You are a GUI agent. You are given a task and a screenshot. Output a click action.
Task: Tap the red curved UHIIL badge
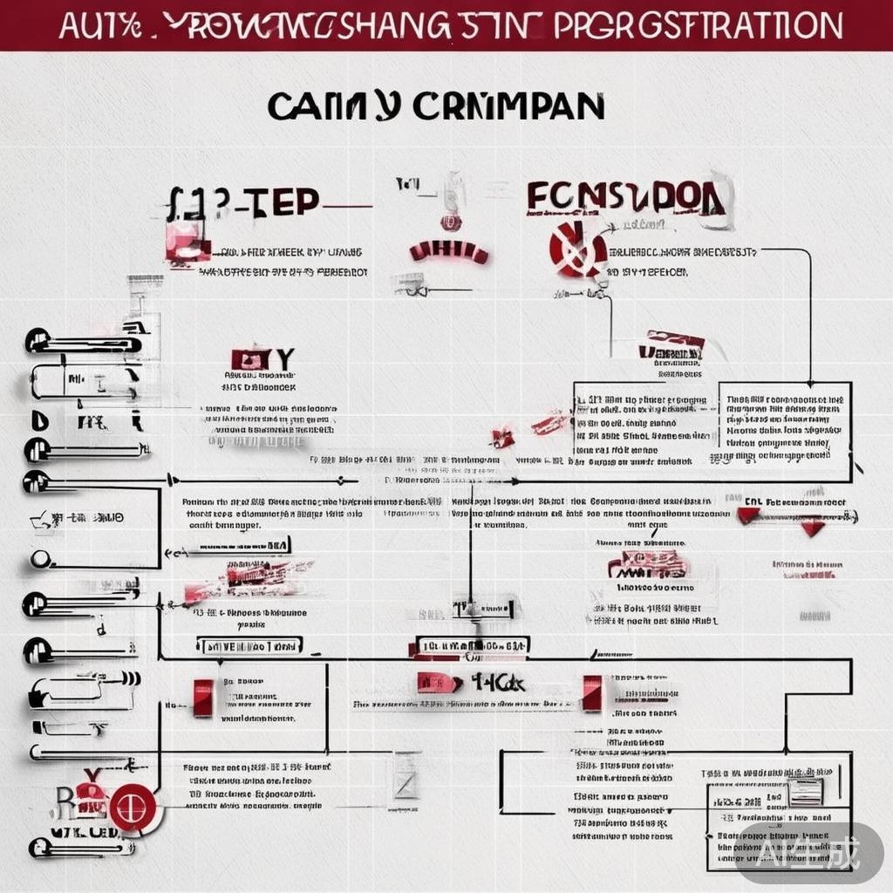[x=448, y=252]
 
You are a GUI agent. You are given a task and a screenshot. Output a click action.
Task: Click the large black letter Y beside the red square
[x=284, y=359]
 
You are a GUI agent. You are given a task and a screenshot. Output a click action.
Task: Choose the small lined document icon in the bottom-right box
[x=805, y=790]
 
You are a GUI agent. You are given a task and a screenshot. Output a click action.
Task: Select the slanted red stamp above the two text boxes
[x=671, y=345]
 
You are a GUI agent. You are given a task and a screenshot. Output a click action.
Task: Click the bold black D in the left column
[x=38, y=422]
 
